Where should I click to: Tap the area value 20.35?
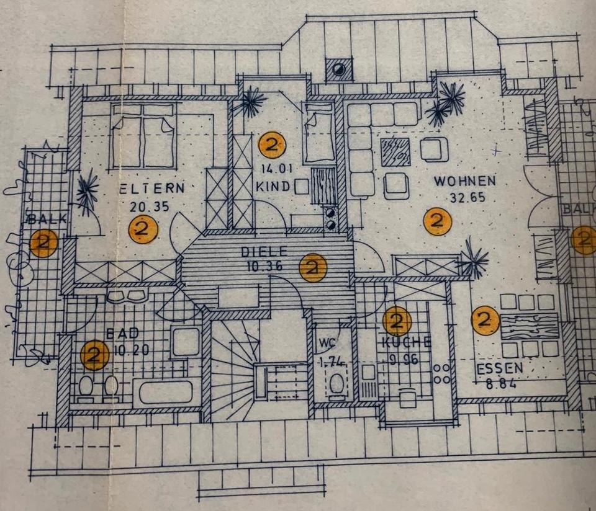(x=148, y=207)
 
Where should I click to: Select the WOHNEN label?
(x=464, y=181)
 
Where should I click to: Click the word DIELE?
(x=264, y=252)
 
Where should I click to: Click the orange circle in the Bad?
(x=95, y=355)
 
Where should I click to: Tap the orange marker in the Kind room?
(x=272, y=146)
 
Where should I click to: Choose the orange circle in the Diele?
(x=312, y=268)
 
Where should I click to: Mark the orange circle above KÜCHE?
(x=397, y=321)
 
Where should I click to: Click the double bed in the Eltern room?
(x=143, y=136)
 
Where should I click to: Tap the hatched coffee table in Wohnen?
(x=395, y=151)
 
